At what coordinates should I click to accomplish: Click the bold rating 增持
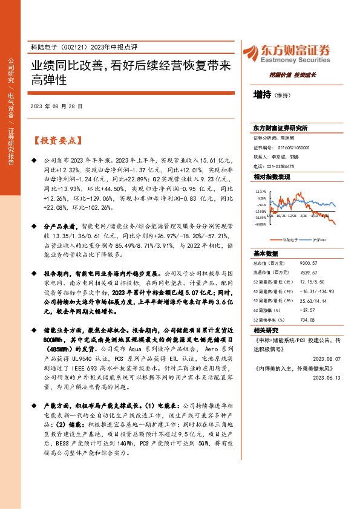[x=263, y=94]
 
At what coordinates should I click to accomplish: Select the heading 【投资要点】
[x=57, y=140]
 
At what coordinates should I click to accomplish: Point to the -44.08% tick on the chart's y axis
[x=261, y=224]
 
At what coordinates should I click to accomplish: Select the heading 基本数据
[x=266, y=253]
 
